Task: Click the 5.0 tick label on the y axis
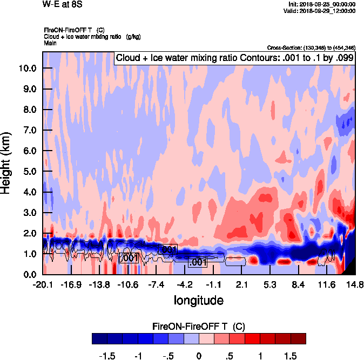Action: (30, 172)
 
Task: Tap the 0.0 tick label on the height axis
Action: (30, 274)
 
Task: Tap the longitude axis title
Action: (198, 299)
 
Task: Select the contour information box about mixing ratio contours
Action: (234, 58)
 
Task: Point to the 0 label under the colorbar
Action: (199, 357)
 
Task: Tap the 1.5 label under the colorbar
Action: (291, 357)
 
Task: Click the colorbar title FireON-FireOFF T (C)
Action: (199, 327)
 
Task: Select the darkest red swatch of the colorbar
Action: (298, 339)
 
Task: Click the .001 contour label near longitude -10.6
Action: (129, 259)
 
